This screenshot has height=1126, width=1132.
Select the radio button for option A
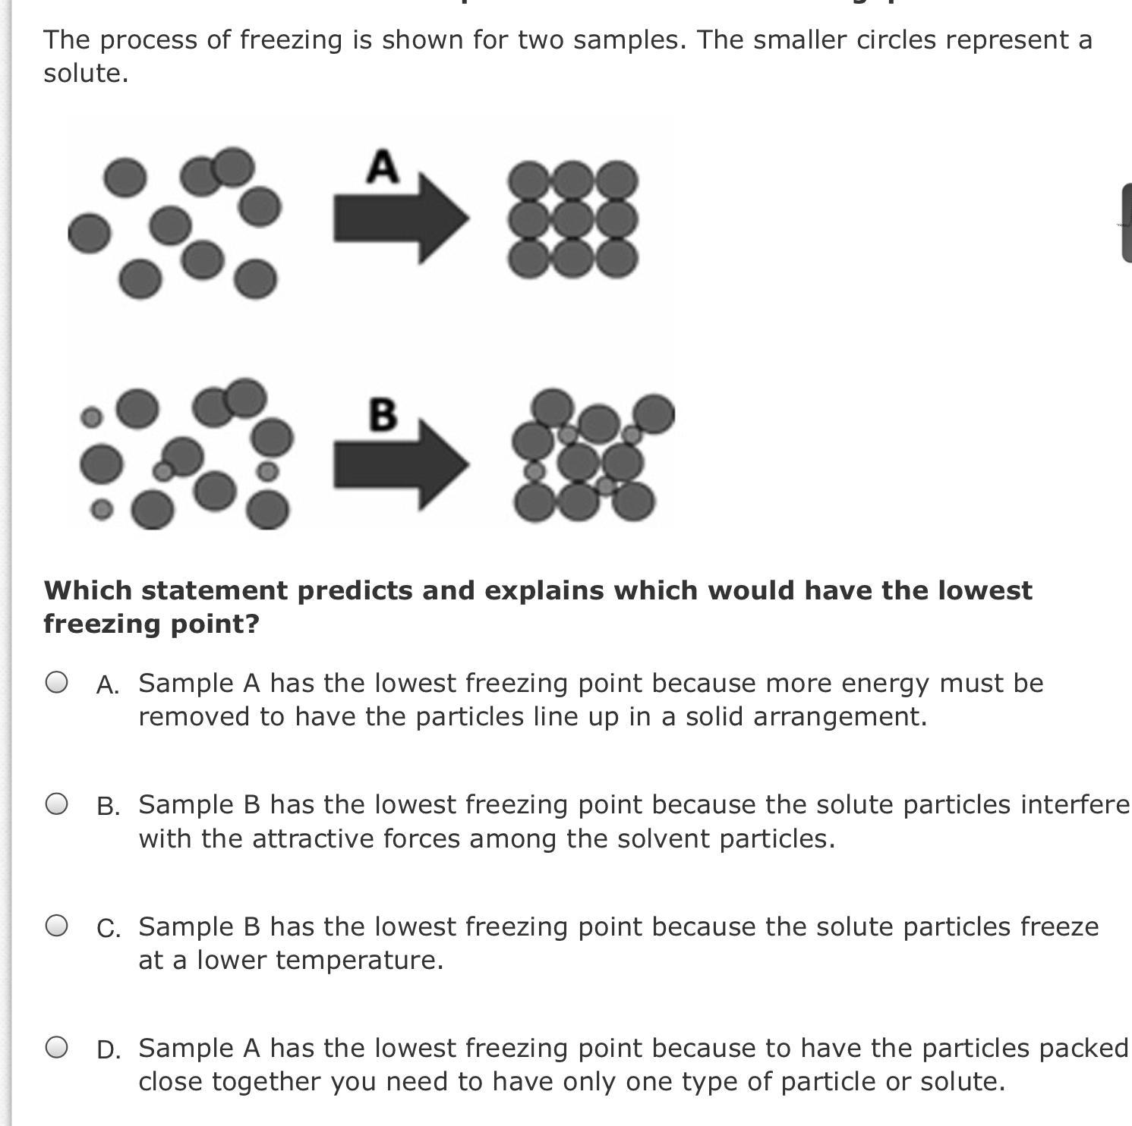(57, 682)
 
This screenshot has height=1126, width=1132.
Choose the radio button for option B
(57, 804)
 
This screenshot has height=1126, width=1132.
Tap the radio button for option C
(57, 926)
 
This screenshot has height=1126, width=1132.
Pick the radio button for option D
(57, 1047)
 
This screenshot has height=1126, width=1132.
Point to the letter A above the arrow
(382, 166)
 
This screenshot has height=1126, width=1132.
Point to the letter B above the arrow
(383, 414)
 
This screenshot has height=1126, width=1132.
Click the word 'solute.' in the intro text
(86, 74)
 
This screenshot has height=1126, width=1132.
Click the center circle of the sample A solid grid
(573, 219)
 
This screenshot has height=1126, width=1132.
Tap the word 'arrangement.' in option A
(840, 717)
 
